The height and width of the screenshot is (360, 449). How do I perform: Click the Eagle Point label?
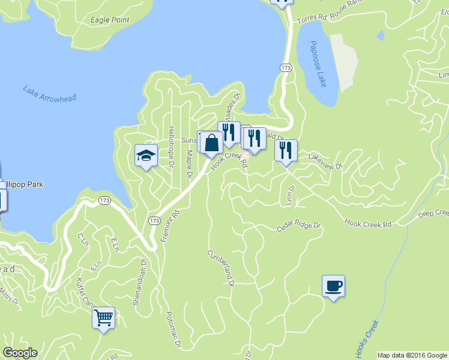[110, 20]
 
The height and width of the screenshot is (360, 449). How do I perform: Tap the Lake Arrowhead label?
[50, 94]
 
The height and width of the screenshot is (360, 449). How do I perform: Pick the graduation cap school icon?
[146, 156]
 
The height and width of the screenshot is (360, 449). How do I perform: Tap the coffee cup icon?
[333, 286]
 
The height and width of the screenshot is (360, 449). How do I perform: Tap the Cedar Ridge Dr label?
[299, 227]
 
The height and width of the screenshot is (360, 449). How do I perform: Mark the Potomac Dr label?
[173, 329]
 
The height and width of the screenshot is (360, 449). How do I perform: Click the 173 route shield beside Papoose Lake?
[286, 68]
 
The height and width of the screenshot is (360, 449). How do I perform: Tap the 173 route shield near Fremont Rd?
[154, 221]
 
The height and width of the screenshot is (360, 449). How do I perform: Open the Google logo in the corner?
[20, 353]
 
